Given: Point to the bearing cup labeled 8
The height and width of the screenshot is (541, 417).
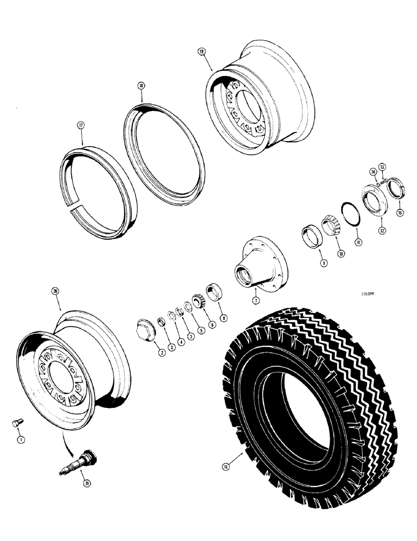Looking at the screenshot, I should tap(214, 291).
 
